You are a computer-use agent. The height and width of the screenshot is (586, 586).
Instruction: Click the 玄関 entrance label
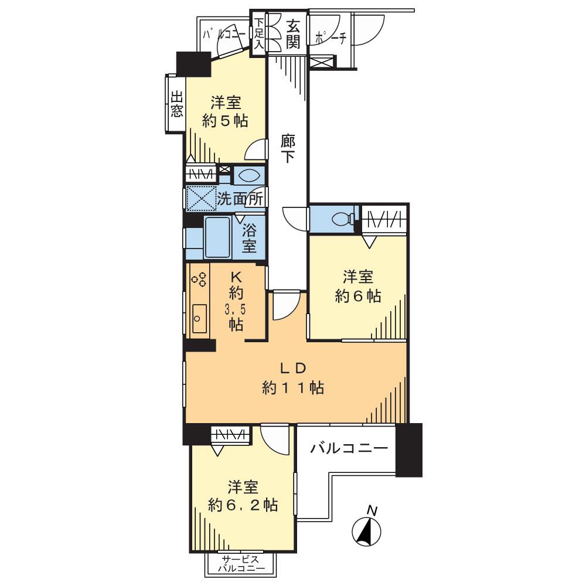pos(294,33)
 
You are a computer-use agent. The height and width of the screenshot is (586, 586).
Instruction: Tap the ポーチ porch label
pos(331,37)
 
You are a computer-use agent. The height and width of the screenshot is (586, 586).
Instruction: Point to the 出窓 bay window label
pos(176,104)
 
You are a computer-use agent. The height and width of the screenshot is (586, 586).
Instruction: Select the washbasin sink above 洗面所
pos(248,175)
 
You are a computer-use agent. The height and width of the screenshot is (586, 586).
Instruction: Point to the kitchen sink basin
pos(199,318)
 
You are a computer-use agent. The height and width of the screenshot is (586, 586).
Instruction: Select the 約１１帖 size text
pos(293,387)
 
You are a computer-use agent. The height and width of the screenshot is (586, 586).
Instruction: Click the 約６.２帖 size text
pos(243,505)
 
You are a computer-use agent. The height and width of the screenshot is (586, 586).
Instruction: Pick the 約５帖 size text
pos(225,121)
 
